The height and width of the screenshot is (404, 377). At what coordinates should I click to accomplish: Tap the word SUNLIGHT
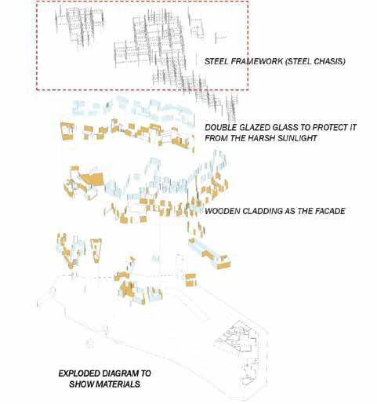(297, 138)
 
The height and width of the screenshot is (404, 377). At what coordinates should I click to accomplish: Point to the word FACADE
(330, 211)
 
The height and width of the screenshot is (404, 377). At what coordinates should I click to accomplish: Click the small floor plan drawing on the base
(240, 340)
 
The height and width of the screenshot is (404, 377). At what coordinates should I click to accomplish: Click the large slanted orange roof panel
(92, 178)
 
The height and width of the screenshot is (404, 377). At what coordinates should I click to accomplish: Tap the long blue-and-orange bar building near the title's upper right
(209, 253)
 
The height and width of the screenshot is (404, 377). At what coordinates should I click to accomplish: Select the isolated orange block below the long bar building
(190, 280)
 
